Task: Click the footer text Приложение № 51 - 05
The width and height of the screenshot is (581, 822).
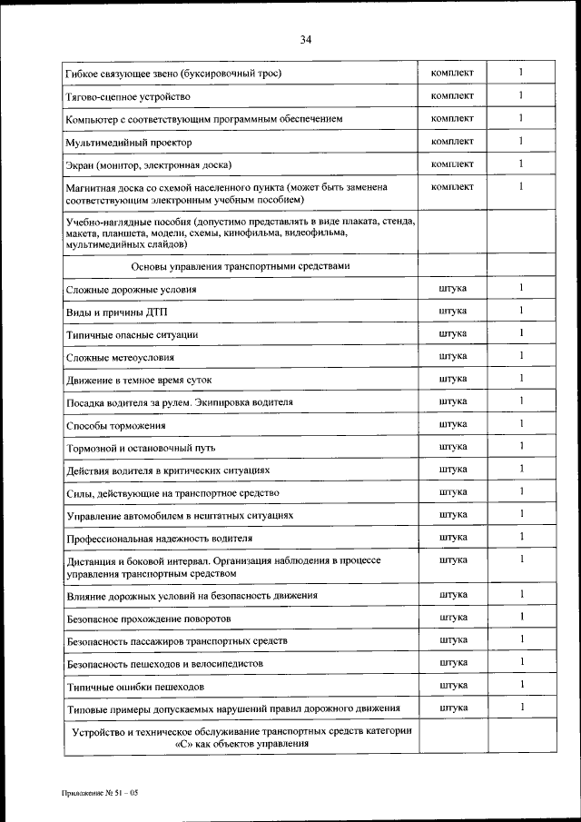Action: click(99, 793)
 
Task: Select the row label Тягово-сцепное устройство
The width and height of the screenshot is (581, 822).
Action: click(127, 96)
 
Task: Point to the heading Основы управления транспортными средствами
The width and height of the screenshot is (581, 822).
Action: click(240, 266)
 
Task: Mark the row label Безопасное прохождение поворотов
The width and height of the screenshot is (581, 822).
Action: click(149, 619)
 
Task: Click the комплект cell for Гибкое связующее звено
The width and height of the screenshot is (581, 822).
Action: click(452, 72)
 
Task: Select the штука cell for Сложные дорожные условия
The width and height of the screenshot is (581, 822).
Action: click(452, 288)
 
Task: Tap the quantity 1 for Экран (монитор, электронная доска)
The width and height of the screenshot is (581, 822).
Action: click(521, 163)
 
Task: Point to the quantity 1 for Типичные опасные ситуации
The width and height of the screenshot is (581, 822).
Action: click(521, 333)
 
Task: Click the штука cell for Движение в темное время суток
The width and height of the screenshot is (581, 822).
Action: click(452, 378)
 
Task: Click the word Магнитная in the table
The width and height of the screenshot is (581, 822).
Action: click(93, 187)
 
